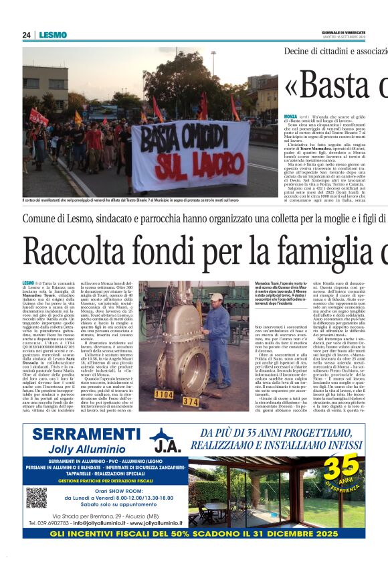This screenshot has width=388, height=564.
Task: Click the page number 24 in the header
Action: pyautogui.click(x=27, y=35)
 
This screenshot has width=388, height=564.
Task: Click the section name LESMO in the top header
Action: pyautogui.click(x=52, y=35)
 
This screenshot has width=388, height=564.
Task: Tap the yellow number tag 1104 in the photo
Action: pyautogui.click(x=164, y=395)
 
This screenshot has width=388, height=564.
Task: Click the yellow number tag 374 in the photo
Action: pyautogui.click(x=191, y=402)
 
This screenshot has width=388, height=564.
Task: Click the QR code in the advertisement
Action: pyautogui.click(x=37, y=497)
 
